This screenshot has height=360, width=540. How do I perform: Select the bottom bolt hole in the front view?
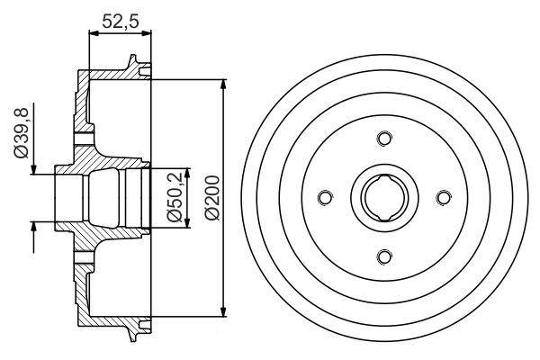384,257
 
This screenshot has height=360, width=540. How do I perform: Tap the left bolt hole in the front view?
325,198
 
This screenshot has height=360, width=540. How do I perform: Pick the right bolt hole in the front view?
443,198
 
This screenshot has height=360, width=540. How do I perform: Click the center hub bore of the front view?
384,198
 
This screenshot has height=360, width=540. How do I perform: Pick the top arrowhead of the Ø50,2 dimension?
187,171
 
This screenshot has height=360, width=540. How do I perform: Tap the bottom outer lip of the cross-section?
135,330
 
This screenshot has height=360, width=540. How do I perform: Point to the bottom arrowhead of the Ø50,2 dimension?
187,224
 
